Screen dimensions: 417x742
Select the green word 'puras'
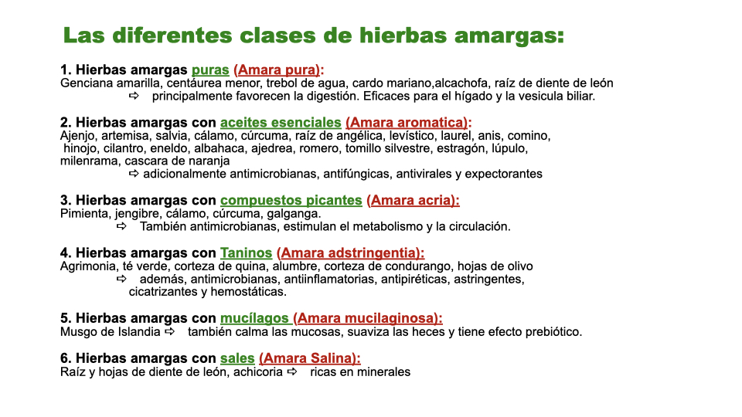point(210,70)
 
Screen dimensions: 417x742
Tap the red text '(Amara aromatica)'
point(407,123)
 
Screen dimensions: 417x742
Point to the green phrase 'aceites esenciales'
point(281,123)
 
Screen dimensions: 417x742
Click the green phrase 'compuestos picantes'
point(291,201)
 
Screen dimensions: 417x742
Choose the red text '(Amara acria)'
point(413,201)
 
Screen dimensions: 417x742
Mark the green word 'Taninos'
point(247,253)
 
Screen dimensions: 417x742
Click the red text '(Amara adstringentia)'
point(350,253)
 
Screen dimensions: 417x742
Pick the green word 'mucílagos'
point(254,318)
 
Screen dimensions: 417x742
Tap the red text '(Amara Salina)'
point(309,358)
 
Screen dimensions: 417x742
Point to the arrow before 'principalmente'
point(134,97)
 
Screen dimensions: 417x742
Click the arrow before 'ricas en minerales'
point(292,371)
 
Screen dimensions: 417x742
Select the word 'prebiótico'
point(552,332)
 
